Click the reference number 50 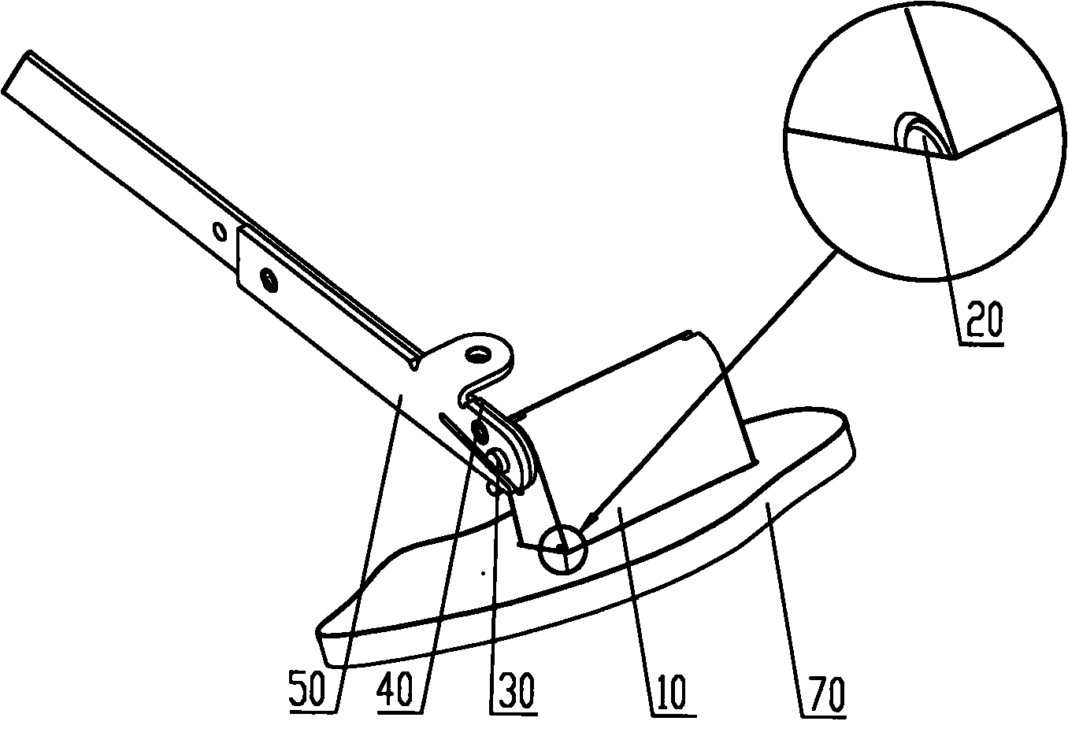pos(307,688)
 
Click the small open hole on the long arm pos(220,231)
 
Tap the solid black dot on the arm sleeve pos(269,280)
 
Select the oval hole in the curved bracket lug pos(479,354)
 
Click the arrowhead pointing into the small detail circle pos(585,523)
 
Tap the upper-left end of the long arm pos(16,72)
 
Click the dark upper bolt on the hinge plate pos(478,429)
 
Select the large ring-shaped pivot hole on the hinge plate pos(499,460)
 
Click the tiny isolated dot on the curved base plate pos(483,573)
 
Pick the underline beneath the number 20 pos(981,343)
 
